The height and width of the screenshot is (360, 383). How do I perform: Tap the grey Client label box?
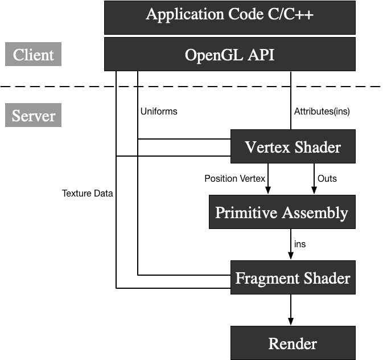[x=33, y=55]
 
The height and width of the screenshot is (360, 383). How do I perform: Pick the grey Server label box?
[x=33, y=116]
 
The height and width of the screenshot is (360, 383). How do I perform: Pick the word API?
[x=260, y=55]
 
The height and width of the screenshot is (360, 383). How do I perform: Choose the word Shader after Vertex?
[x=318, y=147]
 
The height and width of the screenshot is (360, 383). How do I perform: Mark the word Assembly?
[x=315, y=213]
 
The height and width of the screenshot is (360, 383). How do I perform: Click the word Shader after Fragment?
[x=327, y=279]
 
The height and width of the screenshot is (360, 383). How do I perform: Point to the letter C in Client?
[x=18, y=55]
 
